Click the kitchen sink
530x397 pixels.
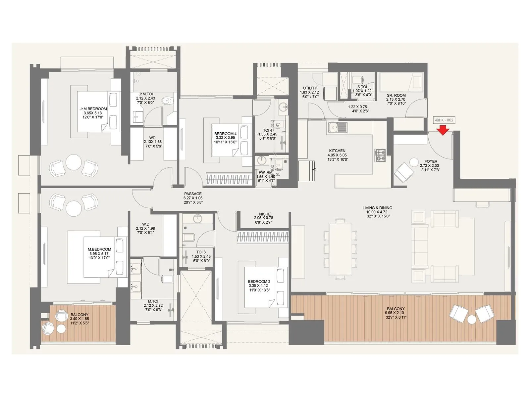click(337, 127)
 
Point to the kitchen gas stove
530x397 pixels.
click(380, 155)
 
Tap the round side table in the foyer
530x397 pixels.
click(414, 162)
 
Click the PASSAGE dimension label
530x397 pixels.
click(193, 198)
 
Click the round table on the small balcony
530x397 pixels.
click(61, 329)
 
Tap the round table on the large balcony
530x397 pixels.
click(471, 319)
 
